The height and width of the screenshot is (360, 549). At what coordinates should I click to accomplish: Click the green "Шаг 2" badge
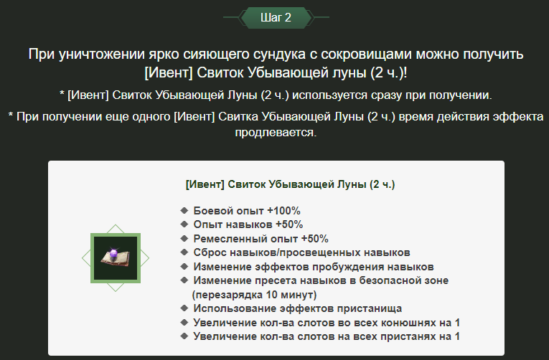point(276,18)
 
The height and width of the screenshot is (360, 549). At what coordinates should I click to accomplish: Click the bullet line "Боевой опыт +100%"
point(246,211)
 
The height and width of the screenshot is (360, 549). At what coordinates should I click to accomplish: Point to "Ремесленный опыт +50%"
point(261,239)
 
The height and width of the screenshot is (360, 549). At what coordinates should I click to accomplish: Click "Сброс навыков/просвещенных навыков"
point(301,252)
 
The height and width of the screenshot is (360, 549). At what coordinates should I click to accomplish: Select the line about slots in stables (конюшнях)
point(327,322)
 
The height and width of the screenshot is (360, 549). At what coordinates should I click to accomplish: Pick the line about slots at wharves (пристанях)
point(327,336)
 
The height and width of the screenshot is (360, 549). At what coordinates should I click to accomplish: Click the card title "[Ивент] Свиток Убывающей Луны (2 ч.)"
point(290,184)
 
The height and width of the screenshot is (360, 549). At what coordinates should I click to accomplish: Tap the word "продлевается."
point(276,133)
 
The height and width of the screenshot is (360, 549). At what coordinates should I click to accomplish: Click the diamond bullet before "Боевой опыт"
point(184,211)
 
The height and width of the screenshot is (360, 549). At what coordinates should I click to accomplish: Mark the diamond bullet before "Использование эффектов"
point(184,308)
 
